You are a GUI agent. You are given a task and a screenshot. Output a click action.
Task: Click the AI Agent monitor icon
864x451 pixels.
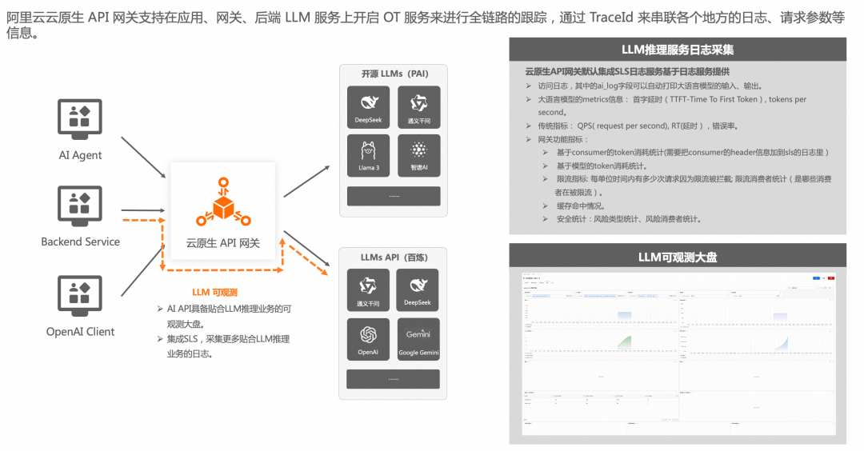(80, 118)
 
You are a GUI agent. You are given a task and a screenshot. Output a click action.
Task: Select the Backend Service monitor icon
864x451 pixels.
(80, 206)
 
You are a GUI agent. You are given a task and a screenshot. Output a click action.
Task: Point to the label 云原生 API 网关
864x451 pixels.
(223, 243)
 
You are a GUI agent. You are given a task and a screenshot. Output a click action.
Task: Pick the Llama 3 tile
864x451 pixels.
(369, 156)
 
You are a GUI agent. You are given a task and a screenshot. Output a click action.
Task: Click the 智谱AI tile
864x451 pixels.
(418, 156)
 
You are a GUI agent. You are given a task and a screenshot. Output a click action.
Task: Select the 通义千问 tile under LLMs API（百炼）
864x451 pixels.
(369, 289)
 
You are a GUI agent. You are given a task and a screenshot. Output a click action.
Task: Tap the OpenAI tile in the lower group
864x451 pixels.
(369, 338)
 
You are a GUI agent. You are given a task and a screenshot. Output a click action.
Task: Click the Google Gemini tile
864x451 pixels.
(418, 338)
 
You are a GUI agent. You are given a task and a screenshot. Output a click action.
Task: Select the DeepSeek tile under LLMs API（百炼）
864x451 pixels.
(418, 289)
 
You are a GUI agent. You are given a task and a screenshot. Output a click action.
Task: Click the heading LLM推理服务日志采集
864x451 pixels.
(678, 50)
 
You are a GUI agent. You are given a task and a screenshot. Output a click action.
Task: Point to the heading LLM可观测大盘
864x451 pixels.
(678, 257)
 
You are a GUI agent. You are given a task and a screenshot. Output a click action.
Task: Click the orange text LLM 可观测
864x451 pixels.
(214, 293)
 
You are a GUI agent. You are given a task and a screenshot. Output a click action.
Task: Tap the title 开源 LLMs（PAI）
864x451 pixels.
(394, 74)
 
